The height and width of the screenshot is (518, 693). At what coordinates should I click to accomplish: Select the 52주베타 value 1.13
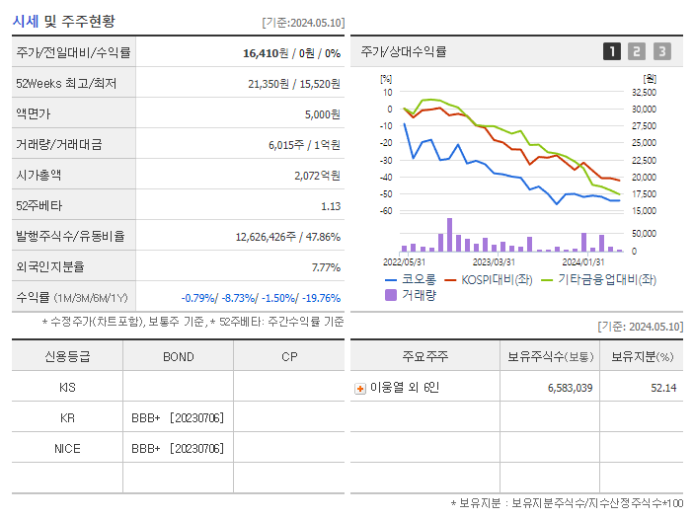click(x=330, y=206)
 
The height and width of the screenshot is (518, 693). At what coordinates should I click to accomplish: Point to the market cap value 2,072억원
click(x=317, y=176)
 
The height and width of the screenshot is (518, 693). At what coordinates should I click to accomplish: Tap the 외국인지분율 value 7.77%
click(x=325, y=267)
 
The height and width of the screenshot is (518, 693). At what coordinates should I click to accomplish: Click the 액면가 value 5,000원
click(x=322, y=114)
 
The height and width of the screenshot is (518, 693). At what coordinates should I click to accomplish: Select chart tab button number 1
click(x=612, y=51)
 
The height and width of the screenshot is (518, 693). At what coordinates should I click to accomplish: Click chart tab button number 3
click(x=661, y=51)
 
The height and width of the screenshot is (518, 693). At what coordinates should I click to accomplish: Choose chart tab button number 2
click(x=637, y=51)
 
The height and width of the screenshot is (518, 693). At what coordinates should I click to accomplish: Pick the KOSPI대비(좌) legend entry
click(x=493, y=279)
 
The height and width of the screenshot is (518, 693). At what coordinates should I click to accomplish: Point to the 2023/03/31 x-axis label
click(x=494, y=261)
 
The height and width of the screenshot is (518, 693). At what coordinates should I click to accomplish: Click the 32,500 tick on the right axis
click(x=644, y=92)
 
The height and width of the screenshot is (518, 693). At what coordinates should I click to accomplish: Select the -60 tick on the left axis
click(x=386, y=211)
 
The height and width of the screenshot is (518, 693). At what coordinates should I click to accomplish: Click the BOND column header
click(x=178, y=356)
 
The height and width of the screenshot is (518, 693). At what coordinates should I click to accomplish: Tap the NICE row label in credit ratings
click(x=67, y=448)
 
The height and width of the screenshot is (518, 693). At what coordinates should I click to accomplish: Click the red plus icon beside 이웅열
click(x=360, y=388)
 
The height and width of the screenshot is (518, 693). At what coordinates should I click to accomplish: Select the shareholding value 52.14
click(x=663, y=388)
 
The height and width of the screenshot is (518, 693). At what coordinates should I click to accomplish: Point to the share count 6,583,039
click(x=570, y=388)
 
